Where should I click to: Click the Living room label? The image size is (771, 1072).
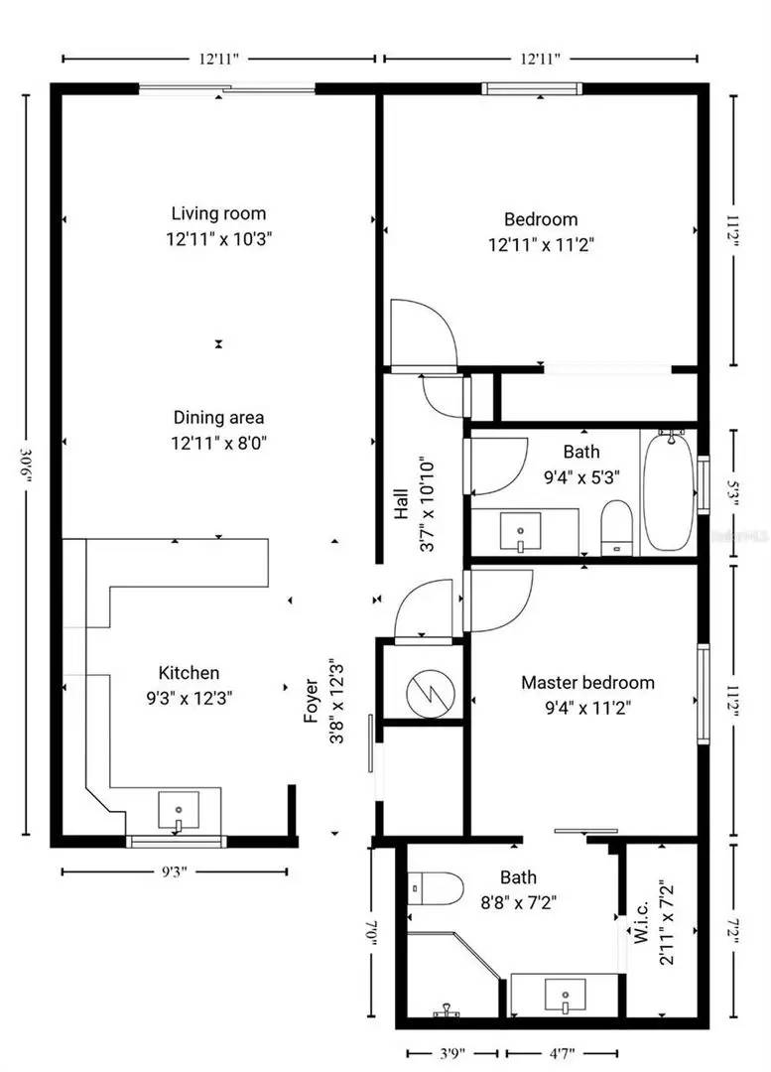[x=218, y=213]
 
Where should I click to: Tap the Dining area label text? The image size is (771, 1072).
[x=218, y=418]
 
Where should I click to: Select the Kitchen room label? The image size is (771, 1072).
[x=189, y=673]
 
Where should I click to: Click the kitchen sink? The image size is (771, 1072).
[x=179, y=810]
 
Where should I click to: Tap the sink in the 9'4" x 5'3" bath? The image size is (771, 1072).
[x=520, y=531]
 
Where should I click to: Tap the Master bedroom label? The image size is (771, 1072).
[x=587, y=683]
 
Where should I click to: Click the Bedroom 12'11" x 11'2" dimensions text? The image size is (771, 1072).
[x=541, y=242]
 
